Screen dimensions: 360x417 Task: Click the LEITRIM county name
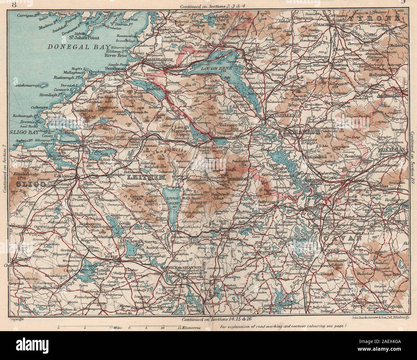click(x=146, y=177)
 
